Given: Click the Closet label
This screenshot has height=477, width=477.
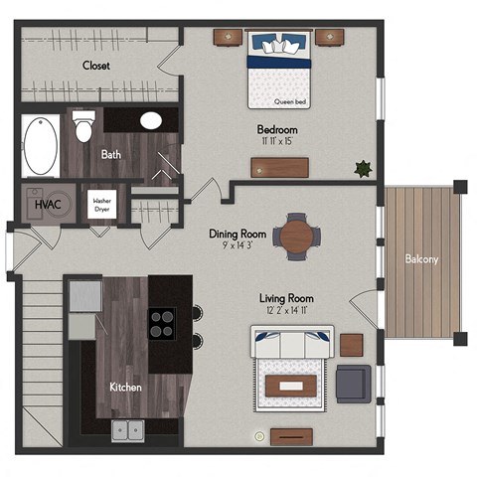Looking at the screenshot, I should (95, 66).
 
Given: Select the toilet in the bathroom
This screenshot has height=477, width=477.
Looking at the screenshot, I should (84, 126).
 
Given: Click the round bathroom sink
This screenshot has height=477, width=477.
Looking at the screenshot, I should (151, 121).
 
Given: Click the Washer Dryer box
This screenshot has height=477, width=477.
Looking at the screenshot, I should (101, 204).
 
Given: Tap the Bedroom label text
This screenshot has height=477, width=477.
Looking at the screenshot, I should (277, 130).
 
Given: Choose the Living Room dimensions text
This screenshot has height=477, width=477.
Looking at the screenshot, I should (286, 311).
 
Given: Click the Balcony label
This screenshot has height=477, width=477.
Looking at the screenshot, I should (422, 259).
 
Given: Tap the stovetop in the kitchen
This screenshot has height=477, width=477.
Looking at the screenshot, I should (162, 322).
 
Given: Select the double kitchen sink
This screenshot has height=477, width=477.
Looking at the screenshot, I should (126, 430).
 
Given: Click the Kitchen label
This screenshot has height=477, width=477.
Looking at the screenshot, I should (124, 386).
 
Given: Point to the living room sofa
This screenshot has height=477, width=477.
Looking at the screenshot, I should (293, 344).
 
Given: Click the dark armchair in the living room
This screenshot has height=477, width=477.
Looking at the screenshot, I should (353, 383).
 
